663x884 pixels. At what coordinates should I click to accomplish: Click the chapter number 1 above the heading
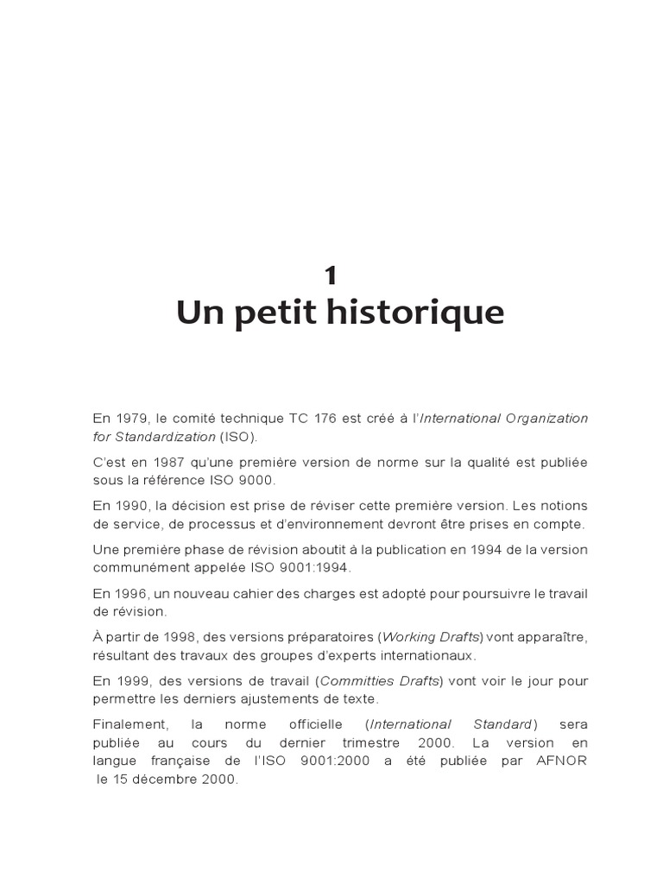click(331, 275)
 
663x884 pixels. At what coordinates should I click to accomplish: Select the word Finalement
click(126, 724)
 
